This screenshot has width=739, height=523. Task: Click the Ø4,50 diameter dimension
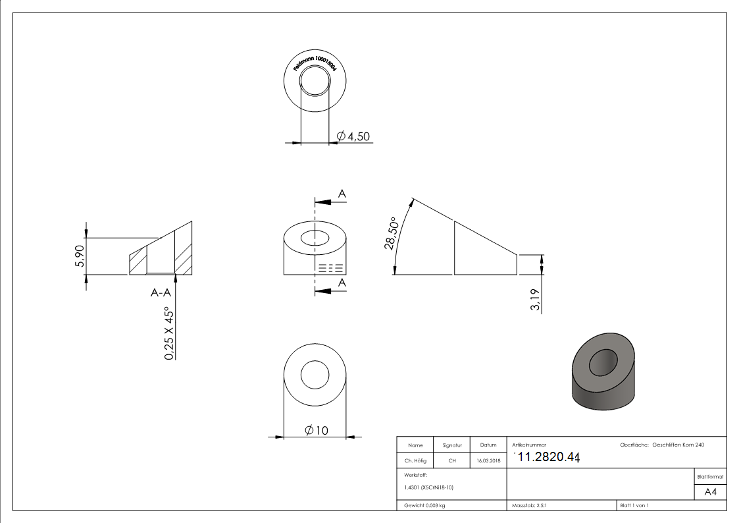click(x=353, y=136)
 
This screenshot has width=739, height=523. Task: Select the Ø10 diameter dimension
click(x=317, y=430)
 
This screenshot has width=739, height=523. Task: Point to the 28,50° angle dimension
click(x=391, y=234)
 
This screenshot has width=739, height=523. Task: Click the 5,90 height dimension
click(x=80, y=256)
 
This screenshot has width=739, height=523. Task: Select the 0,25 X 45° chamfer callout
click(x=170, y=333)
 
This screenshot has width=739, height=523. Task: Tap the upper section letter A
click(x=342, y=193)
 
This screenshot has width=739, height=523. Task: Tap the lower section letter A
click(x=342, y=282)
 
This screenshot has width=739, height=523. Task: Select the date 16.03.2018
click(x=488, y=461)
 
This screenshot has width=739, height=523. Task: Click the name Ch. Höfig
click(x=415, y=461)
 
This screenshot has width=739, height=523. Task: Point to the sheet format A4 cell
click(x=710, y=492)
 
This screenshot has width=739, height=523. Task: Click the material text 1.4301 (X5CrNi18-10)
click(x=428, y=487)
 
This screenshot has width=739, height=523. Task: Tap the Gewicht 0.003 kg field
click(x=424, y=506)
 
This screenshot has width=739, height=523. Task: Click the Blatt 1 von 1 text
click(x=634, y=506)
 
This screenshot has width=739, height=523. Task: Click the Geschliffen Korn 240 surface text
click(x=678, y=445)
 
